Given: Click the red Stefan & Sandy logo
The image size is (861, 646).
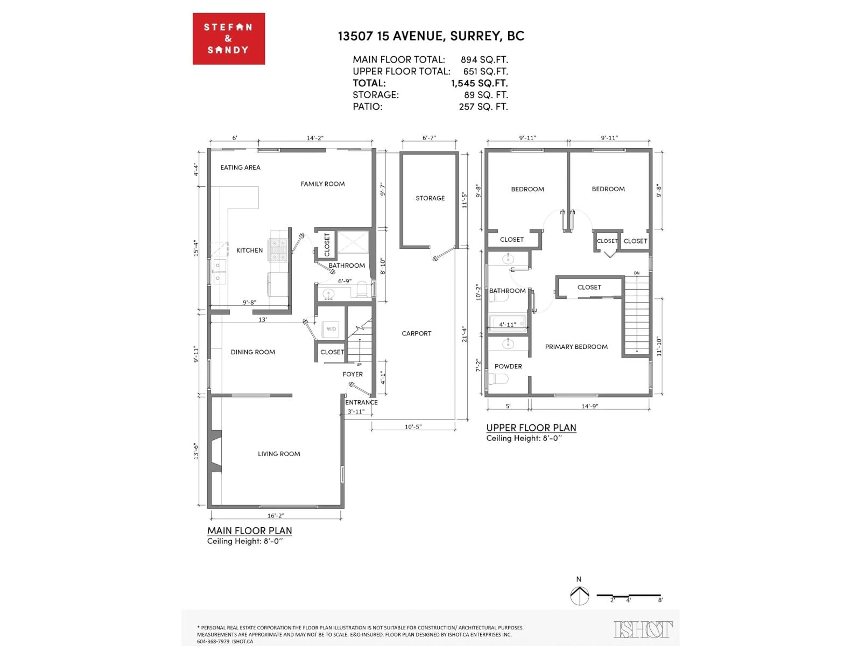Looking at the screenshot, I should click(228, 39).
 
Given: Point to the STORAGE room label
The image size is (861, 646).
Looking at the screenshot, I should click(430, 198).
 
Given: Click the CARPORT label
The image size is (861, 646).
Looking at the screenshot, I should click(416, 333).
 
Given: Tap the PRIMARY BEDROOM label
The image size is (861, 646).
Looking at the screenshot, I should click(576, 347).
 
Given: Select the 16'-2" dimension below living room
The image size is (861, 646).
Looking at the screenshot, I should click(276, 515).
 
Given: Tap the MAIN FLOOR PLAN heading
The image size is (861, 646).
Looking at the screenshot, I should click(249, 530).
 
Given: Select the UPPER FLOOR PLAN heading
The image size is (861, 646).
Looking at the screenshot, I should click(531, 428).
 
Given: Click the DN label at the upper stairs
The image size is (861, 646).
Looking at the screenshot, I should click(636, 273).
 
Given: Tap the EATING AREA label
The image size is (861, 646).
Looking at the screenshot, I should click(240, 167).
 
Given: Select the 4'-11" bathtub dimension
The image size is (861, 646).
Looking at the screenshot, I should click(507, 324).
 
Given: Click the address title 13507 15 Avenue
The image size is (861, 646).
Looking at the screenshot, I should click(431, 36).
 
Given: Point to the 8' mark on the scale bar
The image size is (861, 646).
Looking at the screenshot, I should click(660, 600).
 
